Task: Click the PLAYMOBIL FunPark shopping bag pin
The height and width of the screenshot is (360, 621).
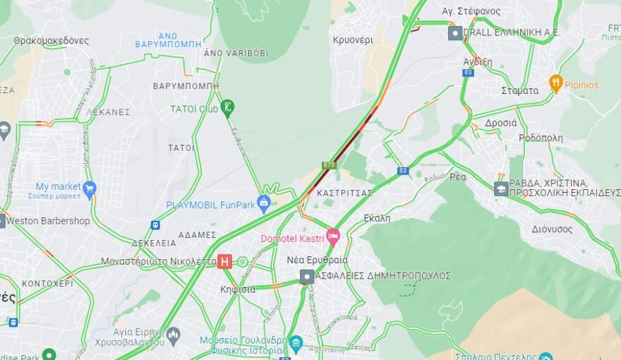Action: click(264, 203)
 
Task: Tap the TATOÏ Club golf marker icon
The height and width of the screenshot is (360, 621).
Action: click(227, 107)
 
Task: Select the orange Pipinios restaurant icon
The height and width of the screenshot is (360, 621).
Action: click(555, 83)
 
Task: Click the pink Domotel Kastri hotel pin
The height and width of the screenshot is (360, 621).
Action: click(332, 236)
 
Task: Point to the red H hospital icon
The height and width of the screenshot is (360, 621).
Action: click(224, 261)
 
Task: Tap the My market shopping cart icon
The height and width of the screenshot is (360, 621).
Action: click(89, 188)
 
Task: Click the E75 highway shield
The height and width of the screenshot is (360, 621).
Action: click(329, 165)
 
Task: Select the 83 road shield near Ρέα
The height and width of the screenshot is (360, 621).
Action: click(403, 171)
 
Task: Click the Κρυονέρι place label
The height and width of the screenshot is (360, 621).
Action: click(353, 40)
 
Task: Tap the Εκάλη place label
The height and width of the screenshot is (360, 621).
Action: click(377, 218)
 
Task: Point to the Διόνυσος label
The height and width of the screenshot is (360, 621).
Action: click(552, 229)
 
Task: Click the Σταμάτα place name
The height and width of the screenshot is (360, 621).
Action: click(519, 90)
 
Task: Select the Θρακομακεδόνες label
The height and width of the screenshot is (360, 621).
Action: click(51, 40)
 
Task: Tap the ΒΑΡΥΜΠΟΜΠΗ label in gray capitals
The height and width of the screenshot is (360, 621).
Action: click(186, 86)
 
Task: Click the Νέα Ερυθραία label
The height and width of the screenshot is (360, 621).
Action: click(317, 260)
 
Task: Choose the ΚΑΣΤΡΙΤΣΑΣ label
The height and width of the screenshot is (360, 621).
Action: click(344, 193)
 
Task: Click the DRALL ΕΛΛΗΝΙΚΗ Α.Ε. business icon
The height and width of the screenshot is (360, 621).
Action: click(455, 32)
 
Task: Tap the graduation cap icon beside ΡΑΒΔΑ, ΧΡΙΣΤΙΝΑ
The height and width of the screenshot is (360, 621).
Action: click(501, 188)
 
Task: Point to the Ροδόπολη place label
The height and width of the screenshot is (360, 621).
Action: click(541, 138)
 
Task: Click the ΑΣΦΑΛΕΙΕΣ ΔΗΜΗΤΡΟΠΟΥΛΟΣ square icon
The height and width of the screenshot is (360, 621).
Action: click(306, 276)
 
